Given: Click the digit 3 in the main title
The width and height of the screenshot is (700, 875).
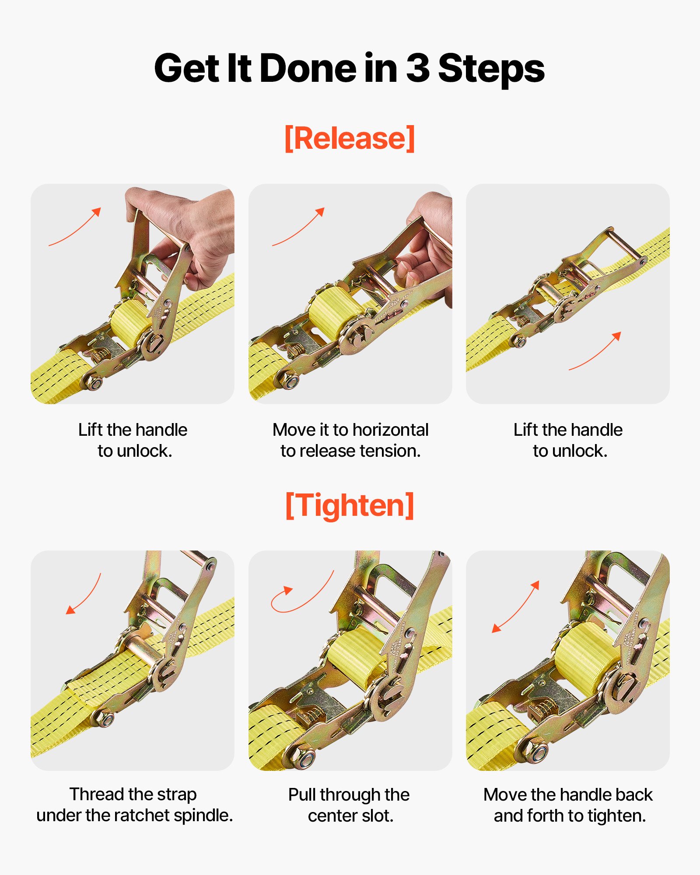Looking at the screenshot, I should (418, 69).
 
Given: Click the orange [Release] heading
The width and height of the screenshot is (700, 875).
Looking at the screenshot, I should (349, 138).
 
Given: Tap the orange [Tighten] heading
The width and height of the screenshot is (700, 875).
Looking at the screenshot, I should (349, 505).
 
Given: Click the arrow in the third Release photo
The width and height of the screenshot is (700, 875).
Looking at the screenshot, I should (595, 351).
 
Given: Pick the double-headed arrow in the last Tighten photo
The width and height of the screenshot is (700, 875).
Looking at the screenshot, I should (515, 607).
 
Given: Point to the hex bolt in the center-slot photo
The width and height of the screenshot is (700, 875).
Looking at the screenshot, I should (303, 758).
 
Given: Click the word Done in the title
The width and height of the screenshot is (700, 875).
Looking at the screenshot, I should (308, 69).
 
